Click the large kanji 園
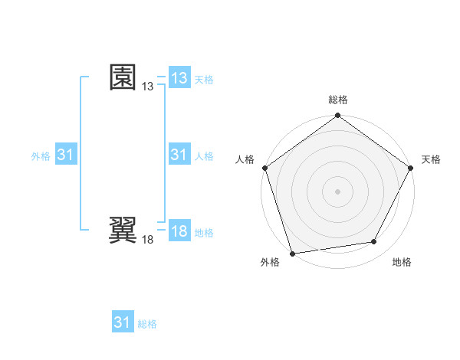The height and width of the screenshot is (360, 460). [x=123, y=77]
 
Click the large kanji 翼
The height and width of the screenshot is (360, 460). [x=123, y=231]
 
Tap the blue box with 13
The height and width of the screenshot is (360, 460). [x=179, y=78]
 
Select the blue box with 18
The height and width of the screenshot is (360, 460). [x=179, y=232]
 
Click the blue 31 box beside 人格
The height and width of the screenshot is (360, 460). [x=179, y=155]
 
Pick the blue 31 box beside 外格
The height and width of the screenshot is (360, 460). [x=66, y=155]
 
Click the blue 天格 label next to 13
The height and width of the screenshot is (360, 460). [x=204, y=80]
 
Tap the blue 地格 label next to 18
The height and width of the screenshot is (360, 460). [x=204, y=233]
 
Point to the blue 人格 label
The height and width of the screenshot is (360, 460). [x=204, y=156]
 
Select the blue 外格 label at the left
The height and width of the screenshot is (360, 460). [x=41, y=156]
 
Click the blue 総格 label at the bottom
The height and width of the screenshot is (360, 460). [x=147, y=324]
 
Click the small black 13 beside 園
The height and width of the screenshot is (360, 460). [x=147, y=87]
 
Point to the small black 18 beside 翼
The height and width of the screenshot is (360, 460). [x=147, y=241]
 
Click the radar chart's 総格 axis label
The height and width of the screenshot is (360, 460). [x=338, y=100]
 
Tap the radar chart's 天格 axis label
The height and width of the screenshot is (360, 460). [x=432, y=159]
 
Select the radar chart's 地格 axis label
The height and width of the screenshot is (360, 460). [x=402, y=262]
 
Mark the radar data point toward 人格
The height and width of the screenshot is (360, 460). [x=264, y=168]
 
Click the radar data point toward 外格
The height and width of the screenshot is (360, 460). [x=293, y=254]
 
